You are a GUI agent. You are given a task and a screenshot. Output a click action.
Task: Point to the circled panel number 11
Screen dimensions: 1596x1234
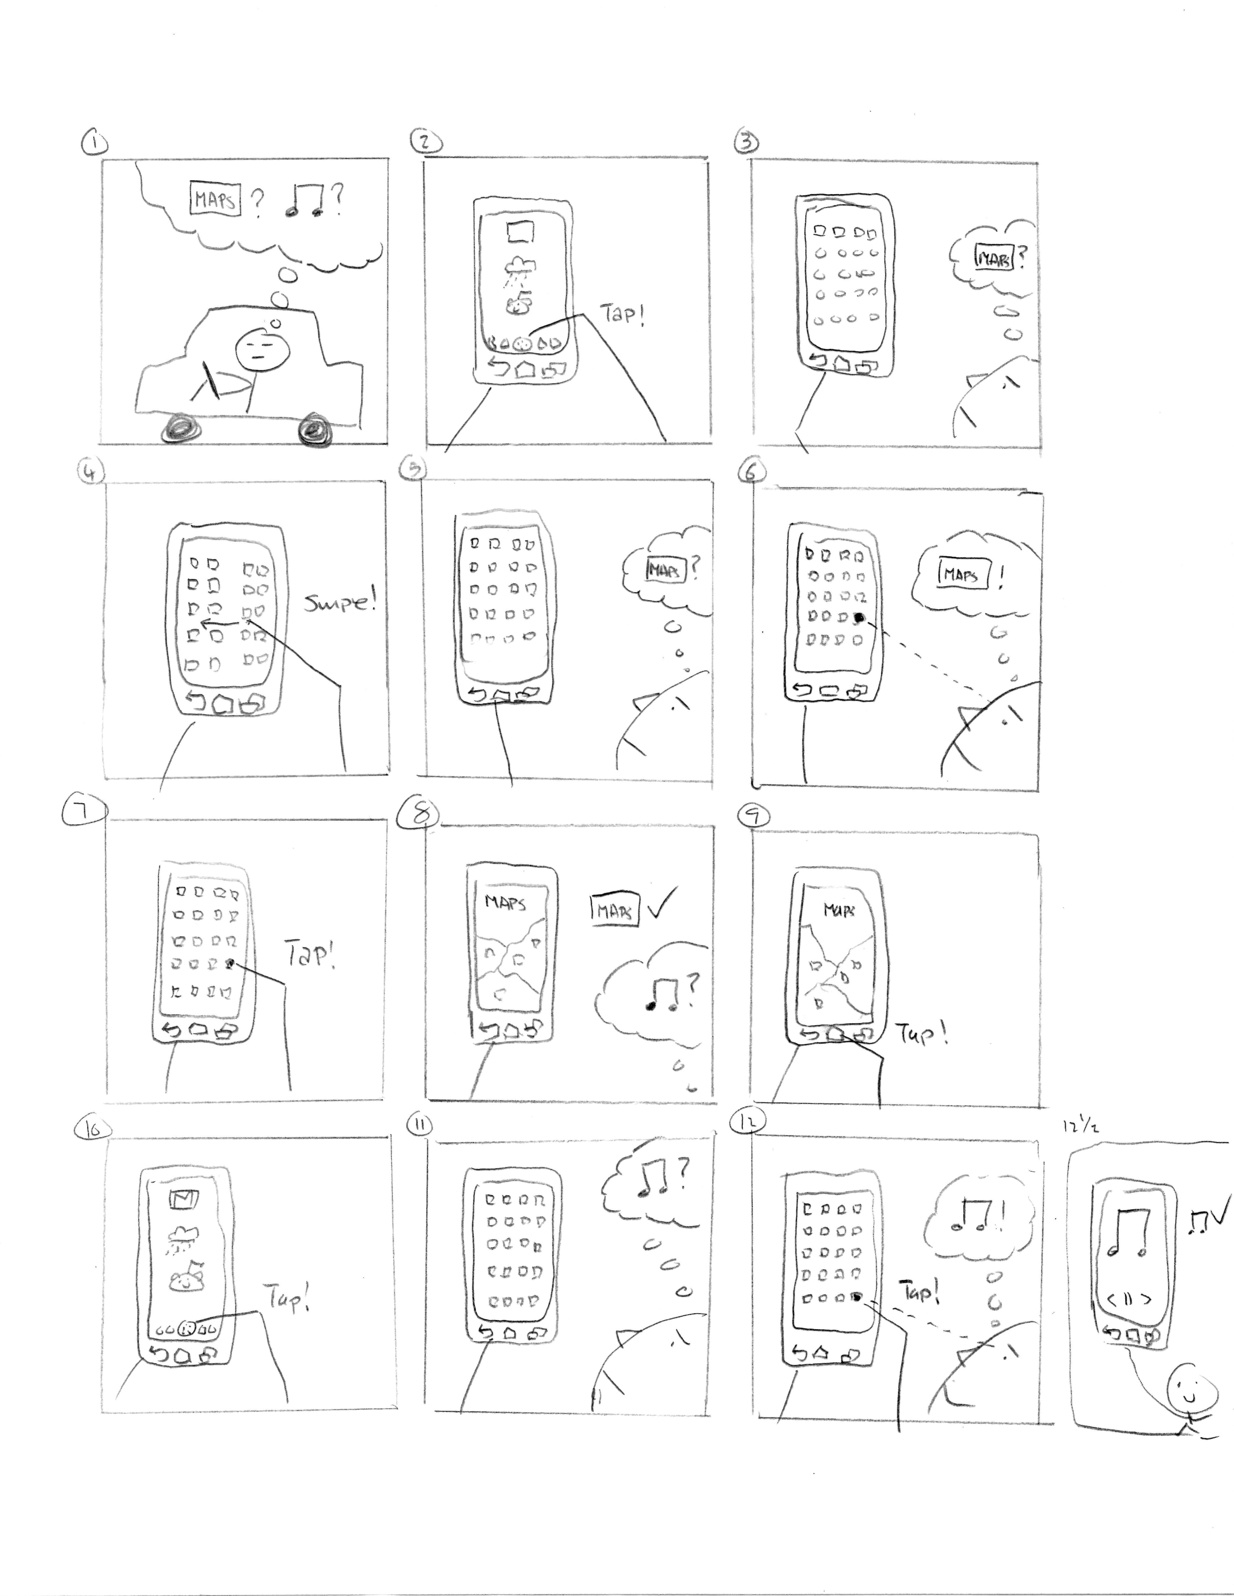418,1125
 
